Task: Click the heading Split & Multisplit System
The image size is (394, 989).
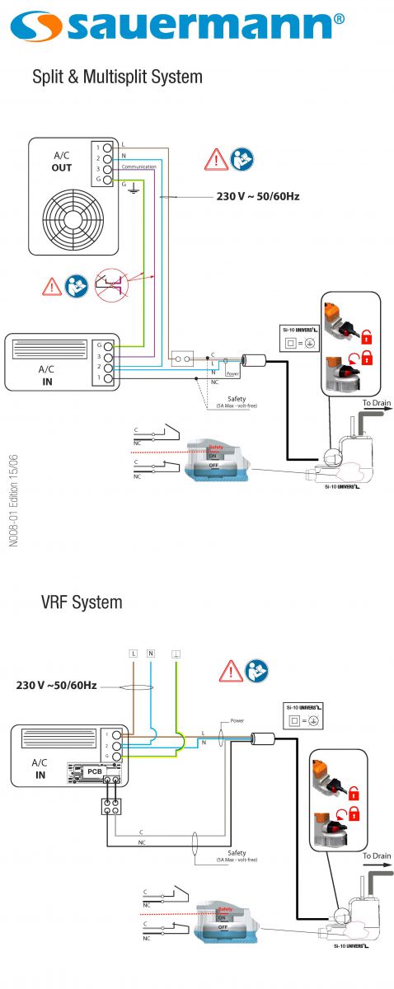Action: [x=116, y=77]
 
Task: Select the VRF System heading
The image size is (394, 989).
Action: [x=82, y=602]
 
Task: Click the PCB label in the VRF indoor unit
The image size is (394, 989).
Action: [x=95, y=771]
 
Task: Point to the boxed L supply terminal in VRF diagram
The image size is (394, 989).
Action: [x=132, y=653]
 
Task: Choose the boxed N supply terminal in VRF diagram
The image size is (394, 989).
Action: [x=151, y=653]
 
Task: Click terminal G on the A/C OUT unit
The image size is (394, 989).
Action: [x=107, y=179]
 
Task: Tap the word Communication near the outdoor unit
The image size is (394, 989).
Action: [x=138, y=166]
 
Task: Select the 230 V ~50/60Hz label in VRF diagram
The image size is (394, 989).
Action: [x=57, y=685]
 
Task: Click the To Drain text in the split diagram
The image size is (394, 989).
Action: [x=377, y=403]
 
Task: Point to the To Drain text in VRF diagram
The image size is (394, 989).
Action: [x=377, y=856]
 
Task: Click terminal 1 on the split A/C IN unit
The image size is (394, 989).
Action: [x=107, y=377]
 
